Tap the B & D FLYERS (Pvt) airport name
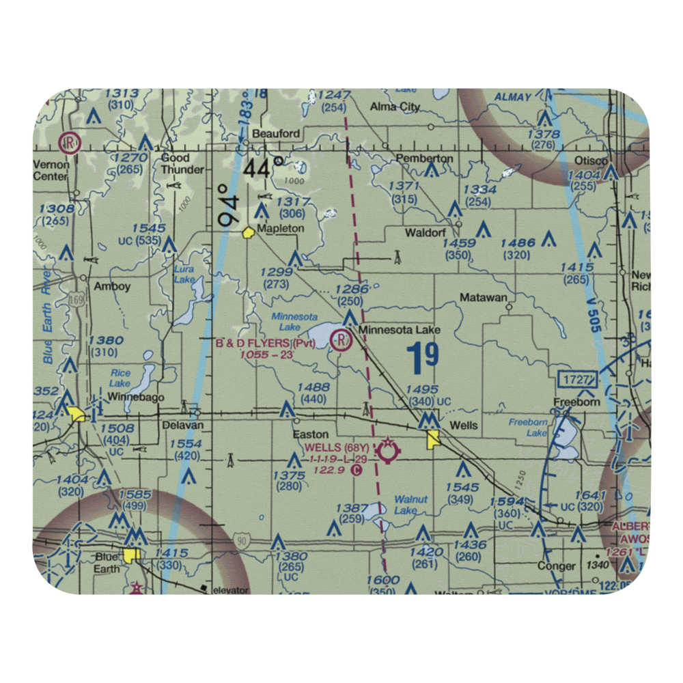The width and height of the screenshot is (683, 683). [x=266, y=343]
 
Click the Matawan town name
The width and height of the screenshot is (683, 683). [x=484, y=298]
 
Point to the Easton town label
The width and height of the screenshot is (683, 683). [x=311, y=434]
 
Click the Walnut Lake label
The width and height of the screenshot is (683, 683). [x=411, y=505]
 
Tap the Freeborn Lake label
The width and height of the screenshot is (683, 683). [x=528, y=428]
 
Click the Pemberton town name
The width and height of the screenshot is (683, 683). [x=424, y=158]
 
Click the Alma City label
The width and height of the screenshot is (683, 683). [x=395, y=107]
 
